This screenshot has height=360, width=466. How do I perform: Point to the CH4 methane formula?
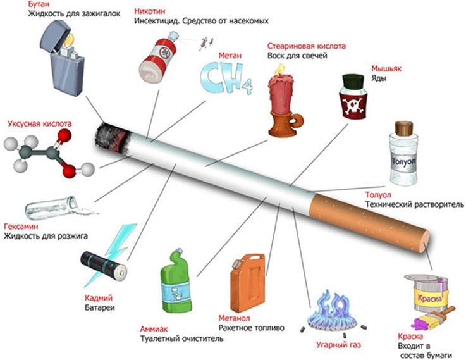tap(225, 78)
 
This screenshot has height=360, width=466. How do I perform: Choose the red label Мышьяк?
tap(385, 68)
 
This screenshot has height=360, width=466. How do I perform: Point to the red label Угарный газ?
tap(340, 345)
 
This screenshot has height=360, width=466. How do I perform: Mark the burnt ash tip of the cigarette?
tap(113, 138)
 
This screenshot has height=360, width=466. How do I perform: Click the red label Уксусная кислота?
tap(40, 124)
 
